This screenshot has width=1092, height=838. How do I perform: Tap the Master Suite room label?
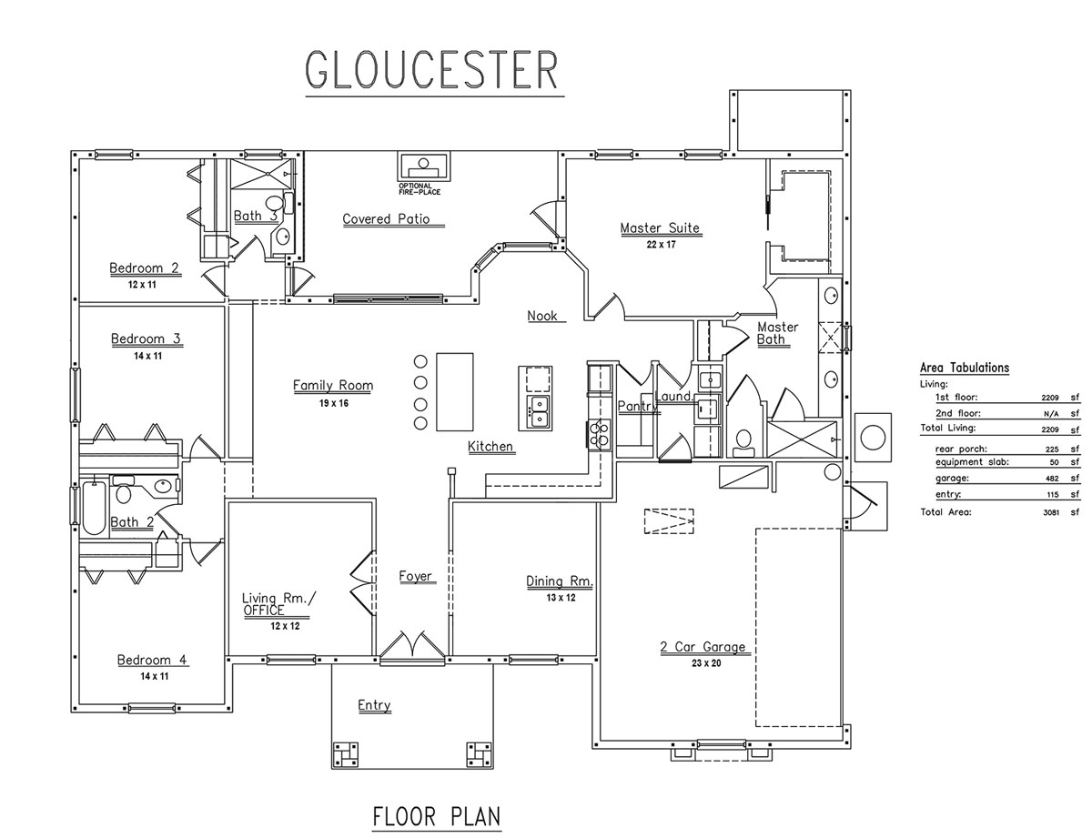tap(660, 228)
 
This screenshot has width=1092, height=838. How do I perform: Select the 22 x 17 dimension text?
tap(660, 244)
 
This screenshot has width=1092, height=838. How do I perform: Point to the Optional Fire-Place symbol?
tap(421, 167)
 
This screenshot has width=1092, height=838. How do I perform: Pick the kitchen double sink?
tap(537, 412)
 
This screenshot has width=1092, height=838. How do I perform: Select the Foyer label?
tap(415, 576)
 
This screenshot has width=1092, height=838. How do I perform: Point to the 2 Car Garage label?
tap(703, 648)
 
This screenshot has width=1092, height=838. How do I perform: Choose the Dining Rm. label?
tap(560, 581)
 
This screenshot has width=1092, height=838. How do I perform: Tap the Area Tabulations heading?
tap(965, 369)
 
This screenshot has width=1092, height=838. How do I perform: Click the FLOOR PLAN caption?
tap(437, 816)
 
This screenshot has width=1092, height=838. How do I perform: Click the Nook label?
tap(542, 316)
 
